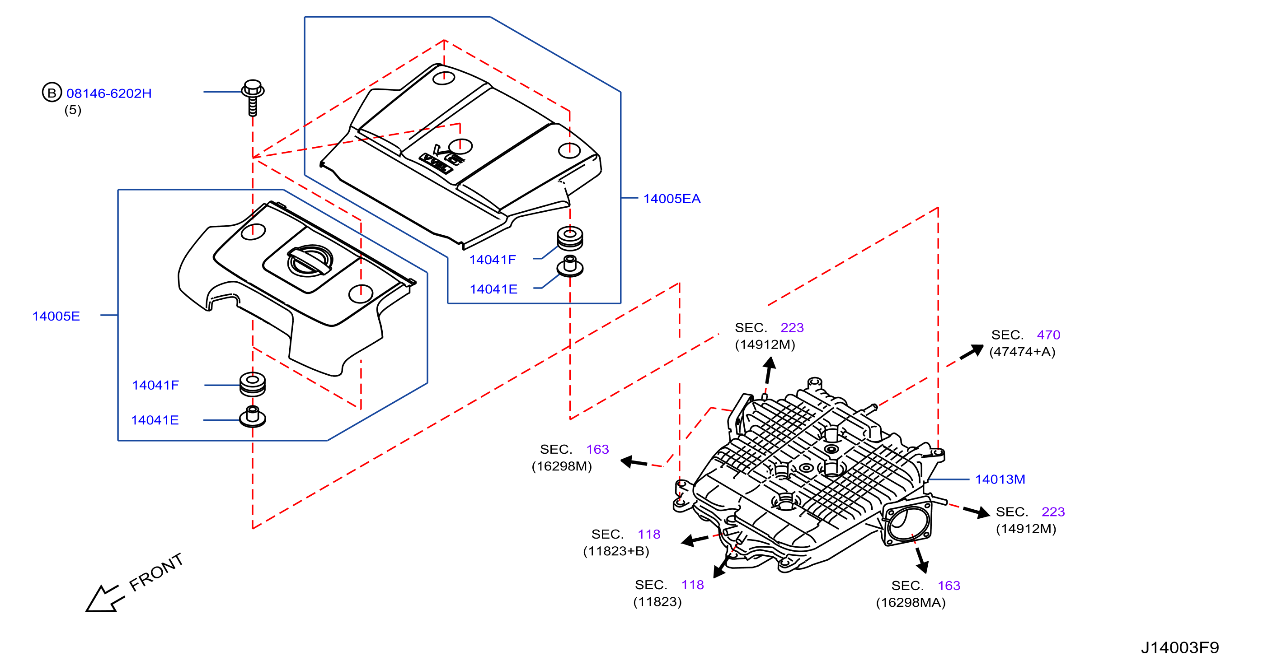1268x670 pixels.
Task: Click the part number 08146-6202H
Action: [109, 93]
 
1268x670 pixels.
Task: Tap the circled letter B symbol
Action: [52, 93]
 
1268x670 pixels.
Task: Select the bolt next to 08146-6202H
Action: [253, 98]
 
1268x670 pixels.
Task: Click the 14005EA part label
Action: [672, 199]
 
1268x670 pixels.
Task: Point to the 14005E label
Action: [56, 316]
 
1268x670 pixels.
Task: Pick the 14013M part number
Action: [1000, 479]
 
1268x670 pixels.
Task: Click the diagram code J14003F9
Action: [1180, 647]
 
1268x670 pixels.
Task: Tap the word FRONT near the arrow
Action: [156, 572]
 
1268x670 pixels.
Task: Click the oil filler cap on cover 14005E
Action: [310, 260]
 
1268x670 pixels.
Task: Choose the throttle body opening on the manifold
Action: [907, 522]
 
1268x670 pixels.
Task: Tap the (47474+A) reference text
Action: [1022, 352]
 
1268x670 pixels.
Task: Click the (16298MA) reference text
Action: [911, 603]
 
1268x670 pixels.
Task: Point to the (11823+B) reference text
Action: [616, 551]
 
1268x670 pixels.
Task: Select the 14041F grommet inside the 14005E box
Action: [253, 384]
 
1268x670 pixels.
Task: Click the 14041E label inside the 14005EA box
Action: [494, 289]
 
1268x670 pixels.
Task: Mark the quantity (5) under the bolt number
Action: [73, 110]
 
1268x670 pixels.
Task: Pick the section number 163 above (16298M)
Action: [597, 449]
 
